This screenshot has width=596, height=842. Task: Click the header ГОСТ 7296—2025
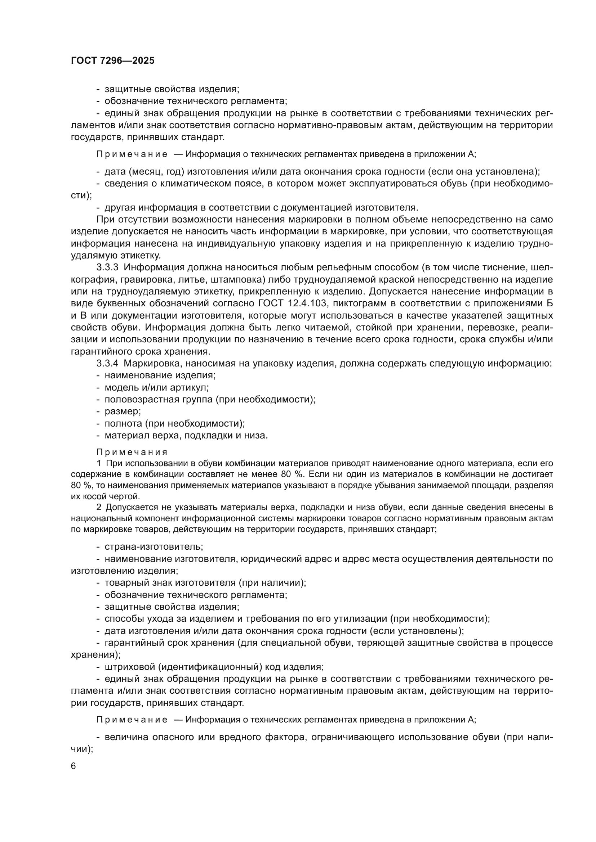(113, 61)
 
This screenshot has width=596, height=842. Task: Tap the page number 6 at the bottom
(74, 766)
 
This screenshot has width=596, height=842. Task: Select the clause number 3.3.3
(107, 268)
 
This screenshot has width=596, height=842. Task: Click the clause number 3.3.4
(107, 364)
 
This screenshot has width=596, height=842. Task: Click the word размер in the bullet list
(123, 411)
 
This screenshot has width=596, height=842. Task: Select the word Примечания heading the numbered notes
(132, 452)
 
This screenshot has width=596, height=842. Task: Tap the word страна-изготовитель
(154, 547)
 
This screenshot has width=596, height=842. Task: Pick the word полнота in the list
(123, 424)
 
